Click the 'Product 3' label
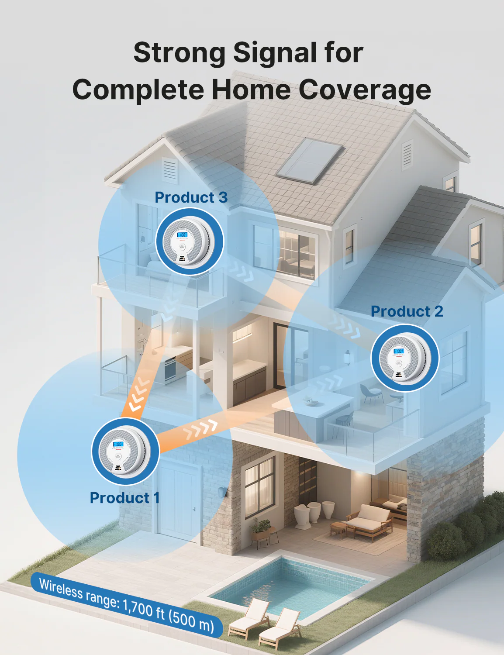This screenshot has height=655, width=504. tap(191, 197)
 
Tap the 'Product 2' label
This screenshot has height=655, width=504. tap(407, 311)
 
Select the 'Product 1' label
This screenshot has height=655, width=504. tap(125, 498)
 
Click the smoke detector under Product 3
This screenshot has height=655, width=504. tap(190, 242)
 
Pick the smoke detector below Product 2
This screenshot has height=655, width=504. tap(405, 358)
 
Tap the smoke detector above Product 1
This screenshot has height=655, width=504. tap(125, 452)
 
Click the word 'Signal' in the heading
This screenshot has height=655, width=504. tap(274, 53)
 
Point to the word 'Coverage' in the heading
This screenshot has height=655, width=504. tap(365, 90)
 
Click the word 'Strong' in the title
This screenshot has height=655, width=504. tap(180, 53)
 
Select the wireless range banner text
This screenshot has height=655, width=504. tap(127, 606)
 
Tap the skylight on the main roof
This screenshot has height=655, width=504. tap(310, 161)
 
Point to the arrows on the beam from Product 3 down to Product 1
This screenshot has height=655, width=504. tap(138, 395)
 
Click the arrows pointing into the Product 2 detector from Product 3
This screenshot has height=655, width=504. tap(345, 326)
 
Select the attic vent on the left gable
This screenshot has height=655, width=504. tap(170, 170)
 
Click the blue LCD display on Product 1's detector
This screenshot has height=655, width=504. tap(118, 444)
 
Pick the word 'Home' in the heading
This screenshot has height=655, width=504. tap(251, 90)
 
